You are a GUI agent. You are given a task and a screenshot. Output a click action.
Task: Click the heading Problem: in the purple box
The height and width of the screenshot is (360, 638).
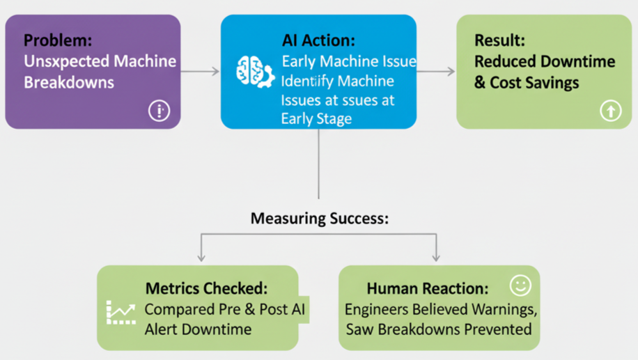pyautogui.click(x=57, y=40)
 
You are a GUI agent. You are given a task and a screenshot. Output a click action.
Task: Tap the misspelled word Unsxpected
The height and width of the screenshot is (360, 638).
pyautogui.click(x=58, y=61)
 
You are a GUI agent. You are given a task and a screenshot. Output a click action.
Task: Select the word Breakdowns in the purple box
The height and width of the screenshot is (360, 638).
pyautogui.click(x=69, y=82)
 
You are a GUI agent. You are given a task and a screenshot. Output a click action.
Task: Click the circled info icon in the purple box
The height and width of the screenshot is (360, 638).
pyautogui.click(x=159, y=110)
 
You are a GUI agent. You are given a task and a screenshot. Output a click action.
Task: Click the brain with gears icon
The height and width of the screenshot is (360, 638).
pyautogui.click(x=254, y=72)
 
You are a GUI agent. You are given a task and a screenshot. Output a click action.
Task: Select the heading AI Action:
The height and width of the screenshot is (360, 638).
pyautogui.click(x=318, y=40)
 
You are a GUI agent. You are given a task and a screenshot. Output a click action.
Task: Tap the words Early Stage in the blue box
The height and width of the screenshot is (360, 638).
pyautogui.click(x=316, y=118)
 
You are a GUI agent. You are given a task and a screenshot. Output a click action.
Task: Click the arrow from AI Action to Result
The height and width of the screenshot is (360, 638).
pyautogui.click(x=436, y=71)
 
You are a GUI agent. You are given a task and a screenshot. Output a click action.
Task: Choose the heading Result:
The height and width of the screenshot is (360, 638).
pyautogui.click(x=499, y=40)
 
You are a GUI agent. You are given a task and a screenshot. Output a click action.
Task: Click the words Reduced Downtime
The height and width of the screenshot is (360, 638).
pyautogui.click(x=545, y=61)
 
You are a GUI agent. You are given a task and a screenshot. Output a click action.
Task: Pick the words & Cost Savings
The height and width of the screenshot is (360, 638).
pyautogui.click(x=527, y=83)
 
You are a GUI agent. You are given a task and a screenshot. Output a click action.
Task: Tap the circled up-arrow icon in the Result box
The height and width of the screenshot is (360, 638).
pyautogui.click(x=610, y=110)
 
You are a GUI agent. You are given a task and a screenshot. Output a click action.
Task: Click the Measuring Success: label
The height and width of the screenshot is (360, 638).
pyautogui.click(x=319, y=218)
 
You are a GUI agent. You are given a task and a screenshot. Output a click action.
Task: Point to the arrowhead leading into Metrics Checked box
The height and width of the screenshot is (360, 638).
pyautogui.click(x=201, y=257)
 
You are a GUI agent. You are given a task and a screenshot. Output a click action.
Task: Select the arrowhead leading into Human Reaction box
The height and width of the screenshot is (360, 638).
pyautogui.click(x=436, y=257)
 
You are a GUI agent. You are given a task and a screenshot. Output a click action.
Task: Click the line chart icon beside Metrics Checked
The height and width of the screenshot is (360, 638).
pyautogui.click(x=120, y=313)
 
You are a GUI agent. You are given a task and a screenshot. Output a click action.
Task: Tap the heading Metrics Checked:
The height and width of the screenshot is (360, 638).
pyautogui.click(x=206, y=288)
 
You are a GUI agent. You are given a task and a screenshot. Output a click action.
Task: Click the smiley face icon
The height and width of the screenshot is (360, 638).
pyautogui.click(x=520, y=285)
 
